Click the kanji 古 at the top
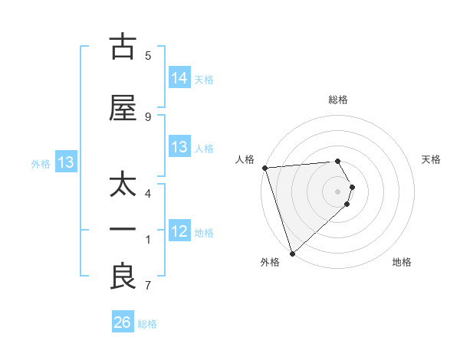point(123,48)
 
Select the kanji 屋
point(123,109)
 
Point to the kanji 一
point(123,230)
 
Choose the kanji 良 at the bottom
point(123,277)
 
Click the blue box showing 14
point(179,77)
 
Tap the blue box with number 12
point(179,231)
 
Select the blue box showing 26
point(123,322)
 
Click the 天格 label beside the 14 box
point(204,79)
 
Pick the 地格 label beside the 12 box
point(204,233)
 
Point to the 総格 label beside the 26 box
point(147,324)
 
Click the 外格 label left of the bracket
point(41,163)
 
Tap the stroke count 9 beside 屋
point(148,116)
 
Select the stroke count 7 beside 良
point(148,286)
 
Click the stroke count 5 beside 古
point(148,56)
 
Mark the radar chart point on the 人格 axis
point(264,168)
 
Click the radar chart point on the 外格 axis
point(291,253)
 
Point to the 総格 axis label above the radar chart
point(337,100)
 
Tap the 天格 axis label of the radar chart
point(432,159)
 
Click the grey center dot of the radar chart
point(337,191)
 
